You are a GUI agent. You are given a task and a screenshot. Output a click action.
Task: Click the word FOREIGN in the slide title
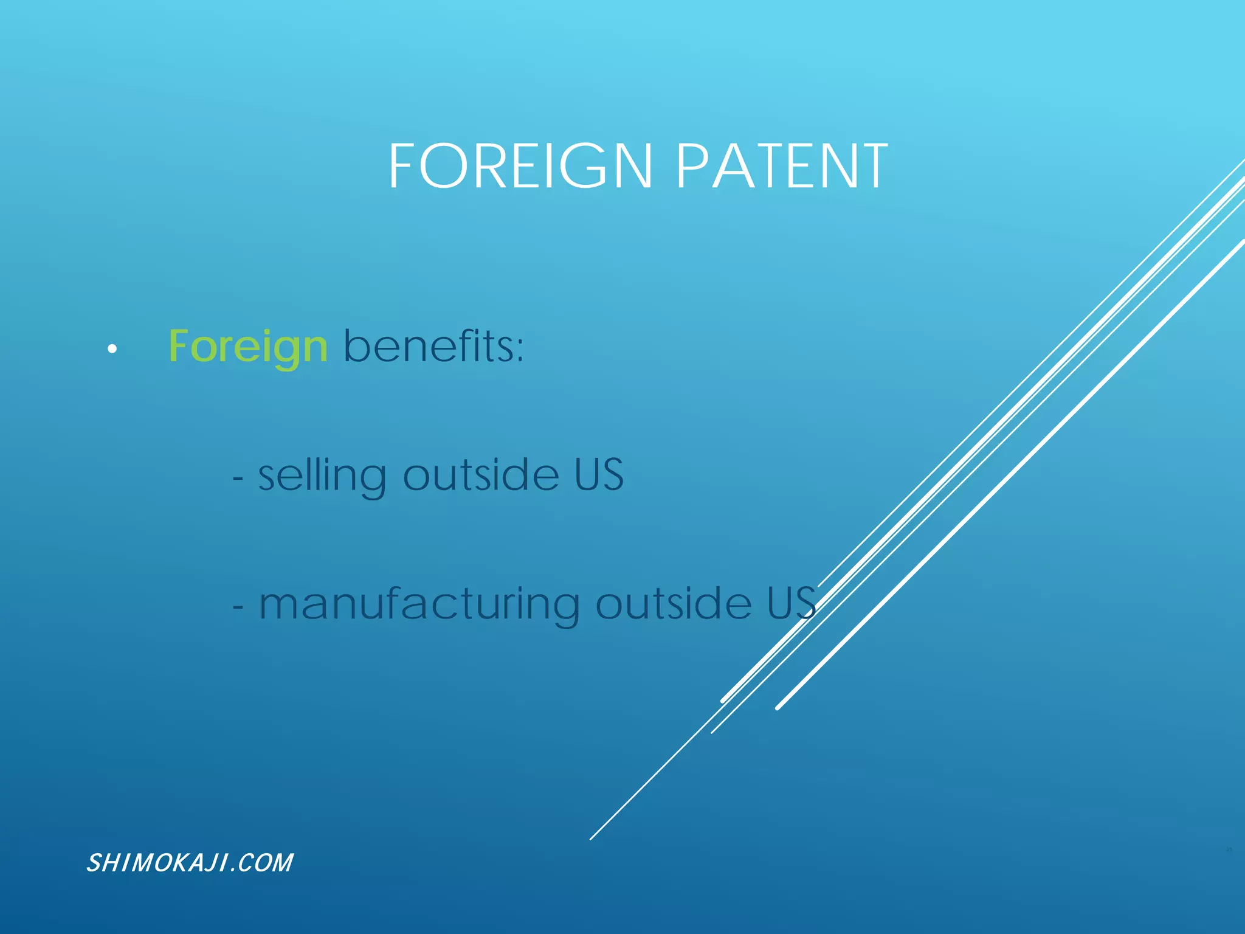tap(520, 166)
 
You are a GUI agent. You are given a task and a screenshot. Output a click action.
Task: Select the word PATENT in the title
tap(782, 166)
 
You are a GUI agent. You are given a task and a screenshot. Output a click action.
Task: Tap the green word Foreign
tap(248, 347)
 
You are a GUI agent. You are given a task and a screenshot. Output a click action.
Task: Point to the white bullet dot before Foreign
tap(112, 349)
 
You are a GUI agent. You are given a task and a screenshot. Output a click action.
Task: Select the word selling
tap(322, 476)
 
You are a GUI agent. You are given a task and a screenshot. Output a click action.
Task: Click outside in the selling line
tap(481, 475)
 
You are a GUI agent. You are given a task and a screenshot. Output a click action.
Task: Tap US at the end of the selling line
tap(599, 475)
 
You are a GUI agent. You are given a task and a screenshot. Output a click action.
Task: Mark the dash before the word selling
tap(238, 479)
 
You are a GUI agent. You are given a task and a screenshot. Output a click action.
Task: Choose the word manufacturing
tap(419, 604)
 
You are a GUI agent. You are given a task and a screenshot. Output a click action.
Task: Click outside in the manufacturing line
tap(674, 604)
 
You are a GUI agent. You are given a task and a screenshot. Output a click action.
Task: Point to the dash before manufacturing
tap(238, 607)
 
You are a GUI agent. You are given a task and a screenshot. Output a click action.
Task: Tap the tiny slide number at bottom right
tap(1229, 849)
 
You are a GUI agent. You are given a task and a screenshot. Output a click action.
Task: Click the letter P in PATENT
tap(691, 166)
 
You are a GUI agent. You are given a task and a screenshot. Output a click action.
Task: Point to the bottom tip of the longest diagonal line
tap(591, 839)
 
